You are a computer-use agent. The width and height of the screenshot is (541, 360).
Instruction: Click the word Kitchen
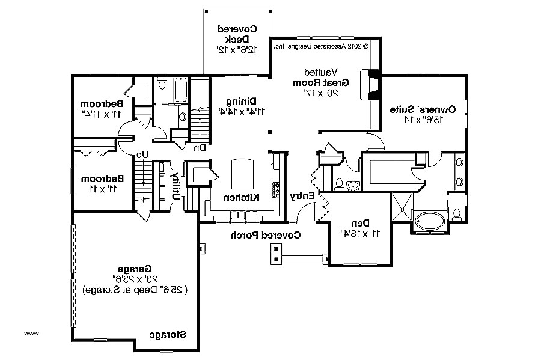click(242, 198)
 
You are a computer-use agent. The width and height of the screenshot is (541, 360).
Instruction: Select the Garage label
click(135, 269)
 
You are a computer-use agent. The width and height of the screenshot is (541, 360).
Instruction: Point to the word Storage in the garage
click(167, 334)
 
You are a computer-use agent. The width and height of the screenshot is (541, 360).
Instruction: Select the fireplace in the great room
click(373, 84)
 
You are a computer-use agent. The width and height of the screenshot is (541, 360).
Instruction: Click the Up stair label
click(142, 155)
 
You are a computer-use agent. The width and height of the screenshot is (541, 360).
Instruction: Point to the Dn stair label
click(199, 147)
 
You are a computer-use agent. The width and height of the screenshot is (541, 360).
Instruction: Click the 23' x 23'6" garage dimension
click(135, 279)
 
